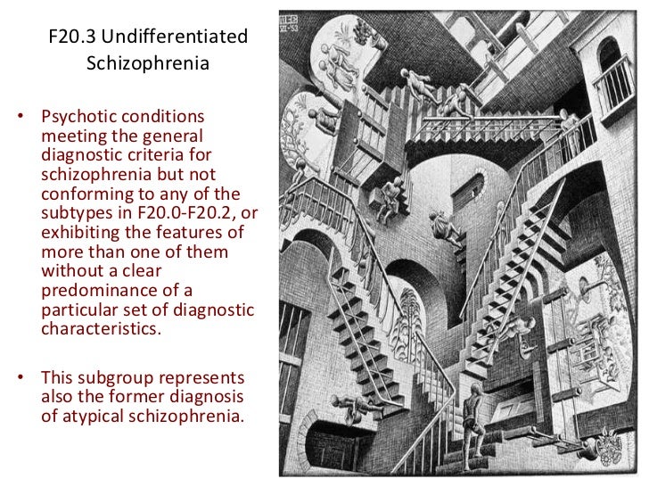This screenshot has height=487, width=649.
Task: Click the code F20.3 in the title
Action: click(x=75, y=38)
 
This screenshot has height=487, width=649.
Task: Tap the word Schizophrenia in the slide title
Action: click(x=148, y=65)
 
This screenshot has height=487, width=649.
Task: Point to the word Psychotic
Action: click(x=79, y=118)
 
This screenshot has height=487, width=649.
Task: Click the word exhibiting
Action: click(x=80, y=230)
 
